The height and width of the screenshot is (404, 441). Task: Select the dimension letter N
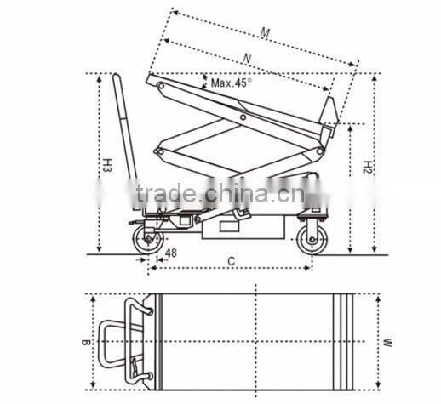tap(248, 58)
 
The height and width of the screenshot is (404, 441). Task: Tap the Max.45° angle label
tap(232, 83)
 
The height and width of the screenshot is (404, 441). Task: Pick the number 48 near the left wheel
tap(170, 253)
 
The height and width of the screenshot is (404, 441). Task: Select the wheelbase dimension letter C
tap(230, 261)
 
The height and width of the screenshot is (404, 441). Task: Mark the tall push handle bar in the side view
tap(126, 136)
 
